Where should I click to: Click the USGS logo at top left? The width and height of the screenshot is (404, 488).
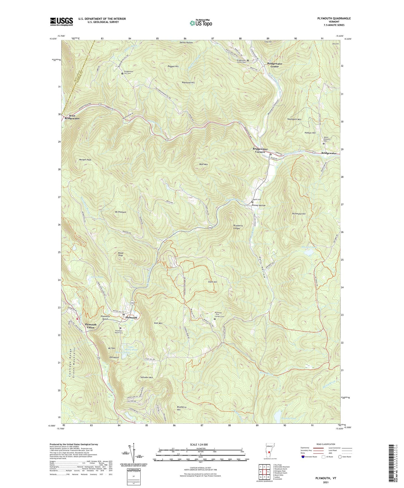[x=62, y=22]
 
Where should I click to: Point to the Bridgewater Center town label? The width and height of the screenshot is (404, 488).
[x=275, y=65]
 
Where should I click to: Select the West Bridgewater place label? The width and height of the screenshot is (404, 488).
[x=72, y=117]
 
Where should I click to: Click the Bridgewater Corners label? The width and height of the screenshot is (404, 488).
[x=260, y=150]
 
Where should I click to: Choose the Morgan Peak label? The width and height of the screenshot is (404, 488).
[x=85, y=160]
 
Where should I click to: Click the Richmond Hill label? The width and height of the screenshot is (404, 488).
[x=299, y=214]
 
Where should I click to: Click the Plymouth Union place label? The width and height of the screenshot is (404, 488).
[x=91, y=326]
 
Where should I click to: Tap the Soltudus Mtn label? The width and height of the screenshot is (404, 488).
[x=147, y=377]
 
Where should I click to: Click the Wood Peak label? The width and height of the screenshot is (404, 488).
[x=121, y=254]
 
